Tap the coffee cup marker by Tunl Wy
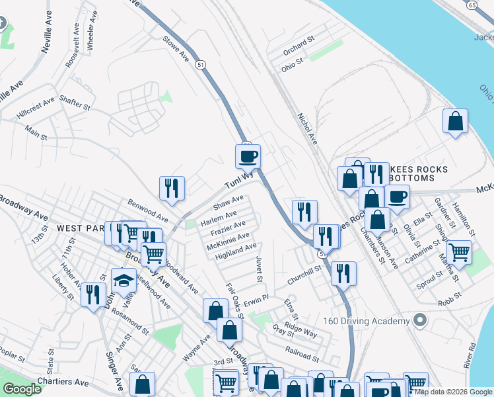[x=248, y=157]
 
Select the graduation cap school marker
[x=123, y=280]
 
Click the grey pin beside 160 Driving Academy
[x=418, y=321]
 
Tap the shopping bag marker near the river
[x=455, y=121]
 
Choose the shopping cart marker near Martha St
[x=458, y=252]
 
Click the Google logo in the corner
[x=22, y=389]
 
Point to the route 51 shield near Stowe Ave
[x=199, y=64]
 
